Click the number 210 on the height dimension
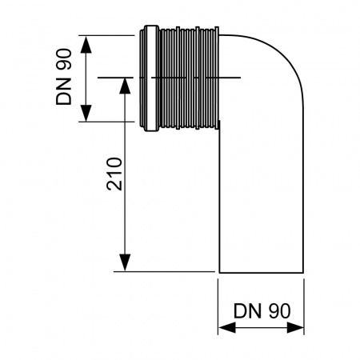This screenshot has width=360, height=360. coord(114,172)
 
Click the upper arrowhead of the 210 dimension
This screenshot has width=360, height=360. coord(124,83)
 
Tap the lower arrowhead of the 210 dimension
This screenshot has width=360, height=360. coord(124,265)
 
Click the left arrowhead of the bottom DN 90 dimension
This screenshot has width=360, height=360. coord(224,328)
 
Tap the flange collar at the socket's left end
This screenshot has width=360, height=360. coord(147,78)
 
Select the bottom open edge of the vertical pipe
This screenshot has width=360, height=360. coord(262,271)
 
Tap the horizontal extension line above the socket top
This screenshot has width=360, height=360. coord(112,34)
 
